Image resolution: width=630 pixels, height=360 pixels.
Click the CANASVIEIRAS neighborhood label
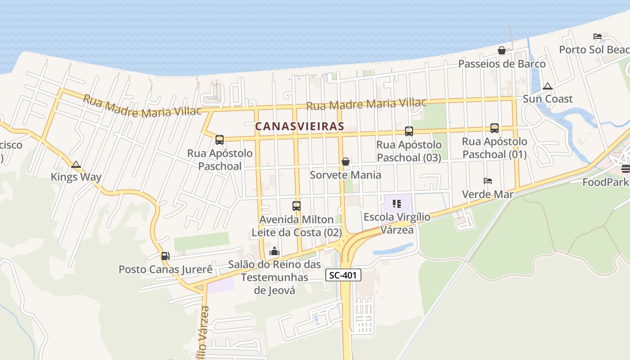point(300,126)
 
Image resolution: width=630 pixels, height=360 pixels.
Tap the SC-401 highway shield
point(343,275)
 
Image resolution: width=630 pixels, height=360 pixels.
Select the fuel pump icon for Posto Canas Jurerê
point(165,256)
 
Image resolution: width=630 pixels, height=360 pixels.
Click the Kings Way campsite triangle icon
point(76,165)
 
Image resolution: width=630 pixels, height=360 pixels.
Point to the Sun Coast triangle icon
point(548,86)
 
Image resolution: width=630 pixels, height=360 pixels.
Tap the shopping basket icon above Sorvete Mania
point(346,162)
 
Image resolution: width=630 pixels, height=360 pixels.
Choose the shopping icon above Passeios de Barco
point(502,50)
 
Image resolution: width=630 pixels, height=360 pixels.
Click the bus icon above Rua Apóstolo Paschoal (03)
point(409,131)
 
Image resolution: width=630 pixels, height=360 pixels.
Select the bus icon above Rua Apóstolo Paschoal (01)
point(494,128)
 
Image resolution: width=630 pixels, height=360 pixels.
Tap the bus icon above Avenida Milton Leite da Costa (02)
point(297,206)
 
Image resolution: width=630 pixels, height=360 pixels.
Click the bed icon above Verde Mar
point(488,181)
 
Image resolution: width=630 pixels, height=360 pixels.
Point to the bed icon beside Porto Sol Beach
point(598,36)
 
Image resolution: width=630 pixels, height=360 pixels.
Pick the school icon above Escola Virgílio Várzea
point(396,204)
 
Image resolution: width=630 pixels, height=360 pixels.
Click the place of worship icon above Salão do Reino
point(274,252)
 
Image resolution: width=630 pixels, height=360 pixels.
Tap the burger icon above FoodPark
point(625,169)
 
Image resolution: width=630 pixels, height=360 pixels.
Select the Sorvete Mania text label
point(346,175)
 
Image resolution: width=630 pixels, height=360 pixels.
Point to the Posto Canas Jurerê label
point(165,270)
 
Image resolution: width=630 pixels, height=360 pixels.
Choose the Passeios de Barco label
point(502,64)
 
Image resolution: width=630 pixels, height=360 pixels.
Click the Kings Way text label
point(76,177)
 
